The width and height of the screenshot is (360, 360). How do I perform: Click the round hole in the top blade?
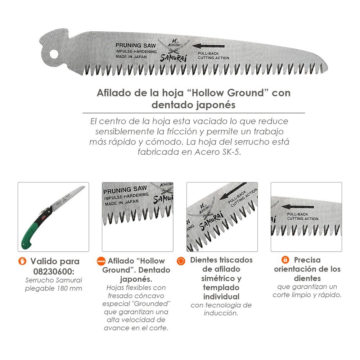[54, 54]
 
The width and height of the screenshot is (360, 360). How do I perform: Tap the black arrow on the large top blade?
[208, 46]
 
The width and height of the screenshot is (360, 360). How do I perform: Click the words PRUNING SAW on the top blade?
[135, 45]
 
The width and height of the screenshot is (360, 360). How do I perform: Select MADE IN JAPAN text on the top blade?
[131, 57]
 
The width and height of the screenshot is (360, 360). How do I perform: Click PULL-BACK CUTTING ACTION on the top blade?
[213, 56]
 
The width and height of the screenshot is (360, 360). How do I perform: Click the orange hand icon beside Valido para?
[22, 261]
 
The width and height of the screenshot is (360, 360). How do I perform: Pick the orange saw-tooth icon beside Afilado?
[101, 261]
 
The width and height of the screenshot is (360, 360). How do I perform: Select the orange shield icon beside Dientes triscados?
[181, 261]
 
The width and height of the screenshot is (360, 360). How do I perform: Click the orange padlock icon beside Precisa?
[285, 260]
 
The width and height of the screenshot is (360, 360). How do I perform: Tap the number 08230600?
[54, 271]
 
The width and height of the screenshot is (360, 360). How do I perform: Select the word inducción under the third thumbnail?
[221, 313]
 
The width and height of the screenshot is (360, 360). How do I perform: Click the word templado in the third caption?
[221, 288]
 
